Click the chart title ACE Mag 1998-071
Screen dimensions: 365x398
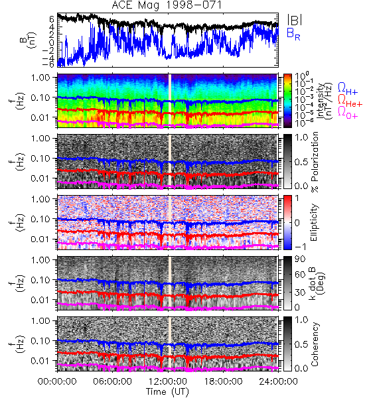[167, 5]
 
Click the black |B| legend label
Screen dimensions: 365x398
[295, 20]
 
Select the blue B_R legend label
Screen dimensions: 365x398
[293, 34]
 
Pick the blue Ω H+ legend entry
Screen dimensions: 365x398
[348, 89]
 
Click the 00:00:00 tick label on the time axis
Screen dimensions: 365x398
[57, 381]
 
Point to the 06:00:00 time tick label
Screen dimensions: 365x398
[113, 381]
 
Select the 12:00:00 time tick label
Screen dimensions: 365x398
[168, 381]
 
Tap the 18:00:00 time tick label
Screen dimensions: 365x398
[223, 381]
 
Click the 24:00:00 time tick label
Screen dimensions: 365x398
[278, 381]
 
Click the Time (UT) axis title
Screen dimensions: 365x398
[167, 392]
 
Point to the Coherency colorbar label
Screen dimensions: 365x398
[315, 344]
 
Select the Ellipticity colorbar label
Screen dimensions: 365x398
[314, 222]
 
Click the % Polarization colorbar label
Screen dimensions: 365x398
[315, 162]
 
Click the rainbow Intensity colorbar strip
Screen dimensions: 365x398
[287, 101]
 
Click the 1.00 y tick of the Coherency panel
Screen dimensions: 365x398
[42, 321]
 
